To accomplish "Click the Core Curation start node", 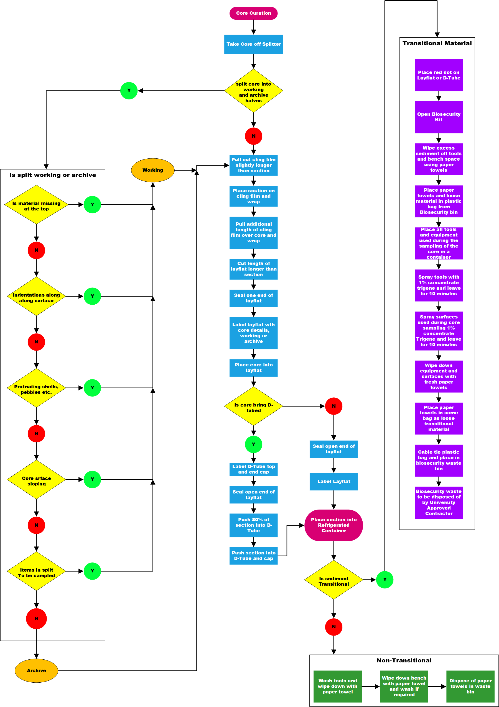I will click(253, 13).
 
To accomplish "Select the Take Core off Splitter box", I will click(253, 44).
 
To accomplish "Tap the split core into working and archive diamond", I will click(253, 91).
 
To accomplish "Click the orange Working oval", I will click(152, 170).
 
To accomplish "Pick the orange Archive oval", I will click(36, 670).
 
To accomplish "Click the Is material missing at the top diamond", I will click(36, 204).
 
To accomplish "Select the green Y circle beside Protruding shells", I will click(92, 388).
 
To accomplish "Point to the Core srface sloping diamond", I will click(36, 479).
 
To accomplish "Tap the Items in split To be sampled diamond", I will click(36, 571).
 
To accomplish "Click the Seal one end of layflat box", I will click(253, 298).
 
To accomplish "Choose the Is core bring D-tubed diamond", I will click(253, 406).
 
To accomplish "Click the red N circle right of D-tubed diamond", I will click(333, 406).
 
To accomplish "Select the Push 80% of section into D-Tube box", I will click(253, 525).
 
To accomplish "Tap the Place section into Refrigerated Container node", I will click(333, 525).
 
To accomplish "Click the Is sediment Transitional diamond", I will click(333, 580).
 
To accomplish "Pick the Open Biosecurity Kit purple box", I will click(439, 117).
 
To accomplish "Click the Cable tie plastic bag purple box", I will click(439, 460).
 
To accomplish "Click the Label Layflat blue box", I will click(333, 481).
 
